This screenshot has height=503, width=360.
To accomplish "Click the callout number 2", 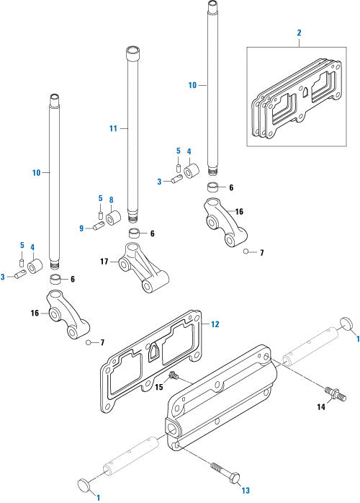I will pyautogui.click(x=299, y=32).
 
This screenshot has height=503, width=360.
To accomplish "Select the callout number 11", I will pyautogui.click(x=113, y=128).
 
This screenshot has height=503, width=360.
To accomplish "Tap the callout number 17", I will pyautogui.click(x=105, y=262).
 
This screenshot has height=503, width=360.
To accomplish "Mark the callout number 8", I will pyautogui.click(x=112, y=200).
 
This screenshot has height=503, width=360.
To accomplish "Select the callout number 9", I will pyautogui.click(x=81, y=228).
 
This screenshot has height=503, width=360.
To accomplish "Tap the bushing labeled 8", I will pyautogui.click(x=113, y=217).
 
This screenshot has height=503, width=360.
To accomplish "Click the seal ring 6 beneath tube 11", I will pyautogui.click(x=134, y=233).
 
